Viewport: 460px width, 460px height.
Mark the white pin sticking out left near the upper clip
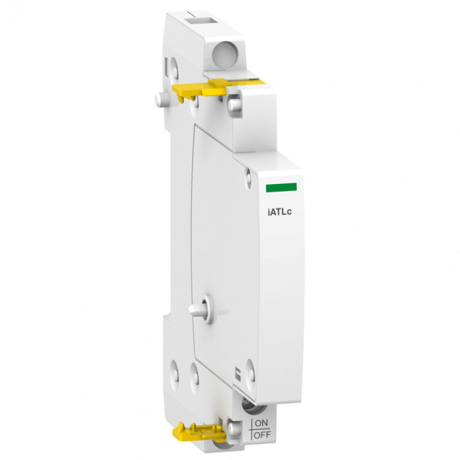point(160,99)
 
